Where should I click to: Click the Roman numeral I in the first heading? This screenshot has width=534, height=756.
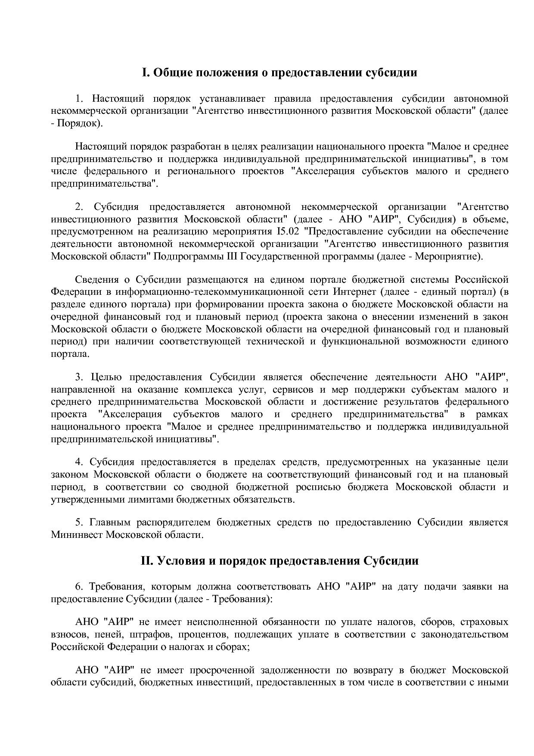click(x=145, y=72)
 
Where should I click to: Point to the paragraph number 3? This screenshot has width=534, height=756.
click(x=79, y=377)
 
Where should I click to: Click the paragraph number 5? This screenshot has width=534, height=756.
click(x=79, y=522)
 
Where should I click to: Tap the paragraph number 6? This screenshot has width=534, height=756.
click(x=79, y=587)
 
